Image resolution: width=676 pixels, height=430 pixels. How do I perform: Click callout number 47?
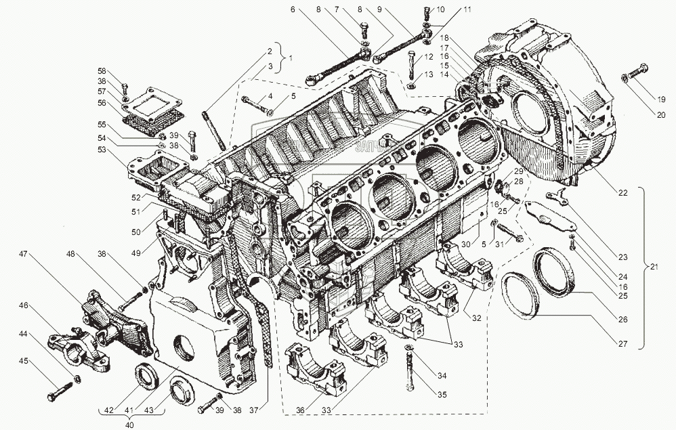tap(23, 254)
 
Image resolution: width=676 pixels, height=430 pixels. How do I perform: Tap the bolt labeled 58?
tap(125, 88)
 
